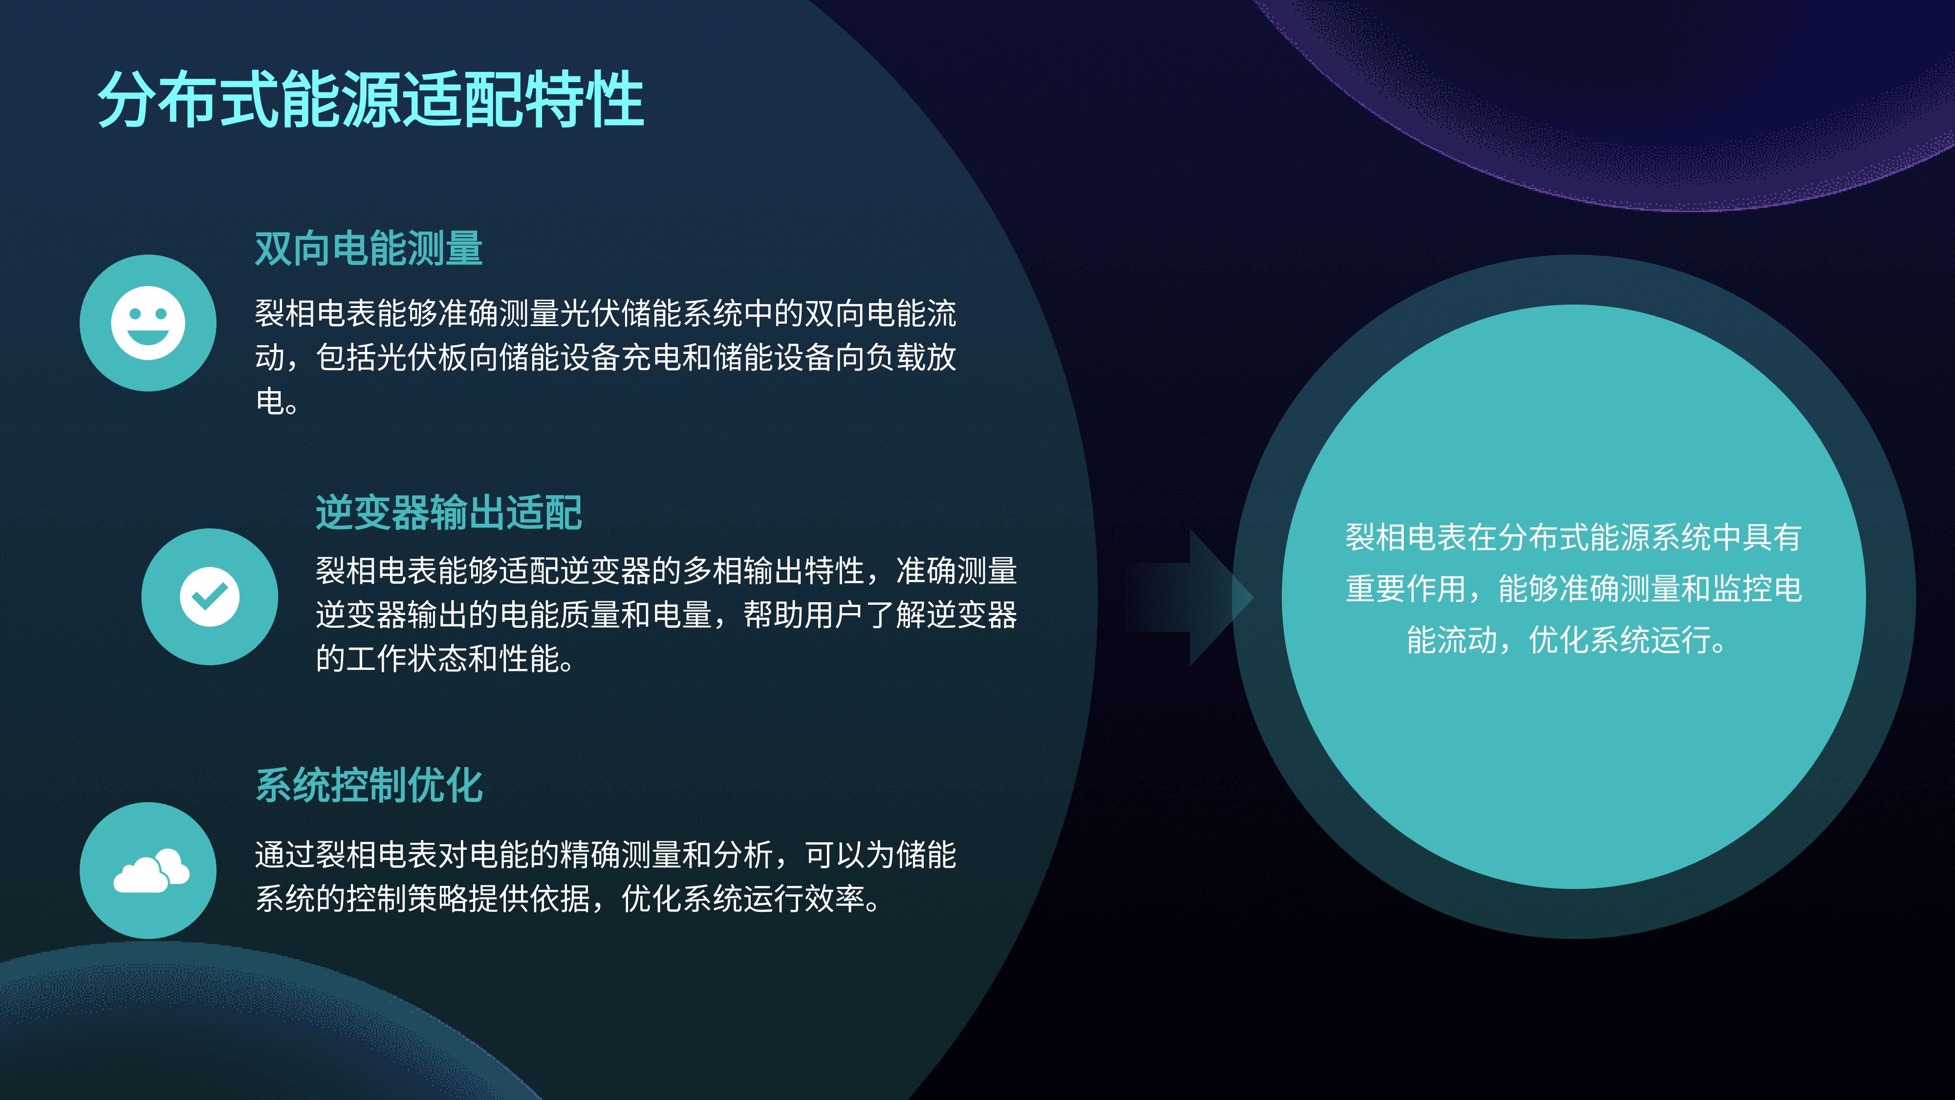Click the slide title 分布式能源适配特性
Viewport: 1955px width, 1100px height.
click(371, 99)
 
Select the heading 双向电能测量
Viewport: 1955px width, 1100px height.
click(369, 248)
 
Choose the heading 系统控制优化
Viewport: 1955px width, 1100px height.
click(369, 785)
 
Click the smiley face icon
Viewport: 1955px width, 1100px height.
click(148, 323)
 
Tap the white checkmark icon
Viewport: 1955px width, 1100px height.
click(210, 596)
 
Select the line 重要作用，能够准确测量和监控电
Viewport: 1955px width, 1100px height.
click(1573, 588)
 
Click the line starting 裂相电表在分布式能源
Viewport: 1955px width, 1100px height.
click(1573, 537)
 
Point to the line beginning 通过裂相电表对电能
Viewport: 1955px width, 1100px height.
click(606, 855)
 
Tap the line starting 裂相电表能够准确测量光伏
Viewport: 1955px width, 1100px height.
click(606, 313)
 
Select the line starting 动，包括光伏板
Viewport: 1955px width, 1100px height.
click(606, 357)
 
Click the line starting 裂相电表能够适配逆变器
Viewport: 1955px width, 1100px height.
click(666, 570)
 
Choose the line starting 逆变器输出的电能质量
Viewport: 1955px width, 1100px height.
click(666, 614)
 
